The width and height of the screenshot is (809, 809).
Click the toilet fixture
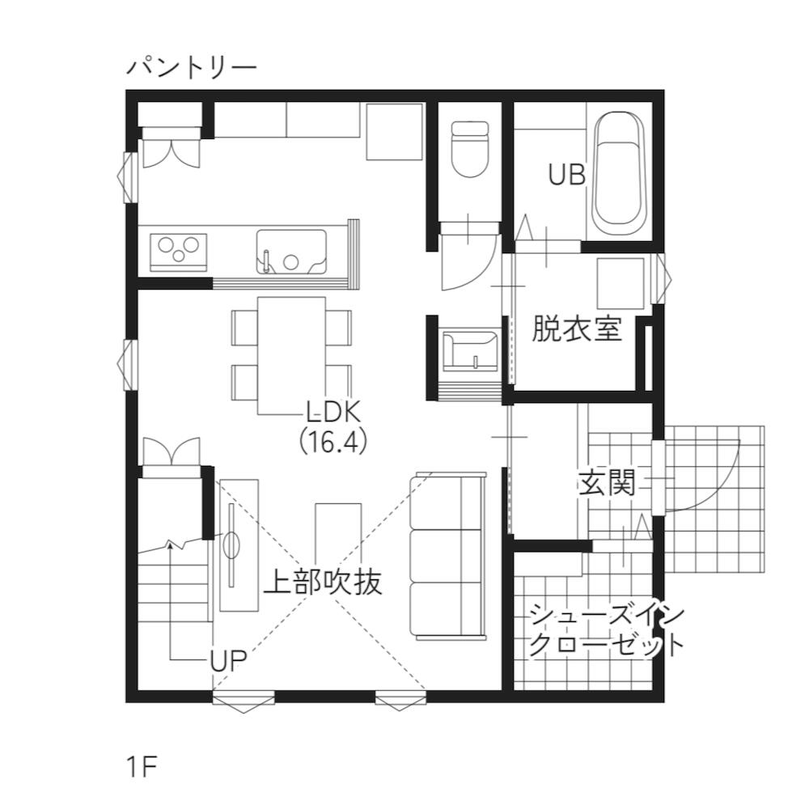pos(469,149)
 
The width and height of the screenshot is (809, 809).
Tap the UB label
pos(566,175)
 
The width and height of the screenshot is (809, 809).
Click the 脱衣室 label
pos(577,328)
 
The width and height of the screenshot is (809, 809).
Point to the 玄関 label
pos(607,482)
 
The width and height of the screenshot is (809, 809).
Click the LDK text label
pos(332,412)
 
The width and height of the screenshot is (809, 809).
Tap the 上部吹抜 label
pos(323,582)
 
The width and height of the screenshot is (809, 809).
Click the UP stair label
pos(228,660)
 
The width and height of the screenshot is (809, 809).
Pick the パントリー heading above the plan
pos(192,68)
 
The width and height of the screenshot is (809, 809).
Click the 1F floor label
pos(141,767)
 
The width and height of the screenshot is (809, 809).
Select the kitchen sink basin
pos(291,252)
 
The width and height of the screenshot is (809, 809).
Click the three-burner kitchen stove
pos(179,252)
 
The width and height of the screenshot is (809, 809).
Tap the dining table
pos(291,355)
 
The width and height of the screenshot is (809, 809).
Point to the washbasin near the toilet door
pos(469,351)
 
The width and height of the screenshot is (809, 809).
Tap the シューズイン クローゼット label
pos(606,631)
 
